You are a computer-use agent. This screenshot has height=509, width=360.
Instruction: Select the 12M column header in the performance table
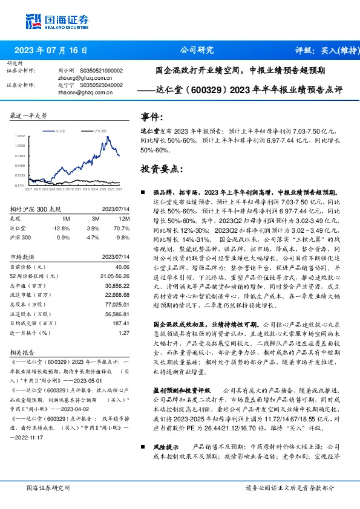tap(125, 218)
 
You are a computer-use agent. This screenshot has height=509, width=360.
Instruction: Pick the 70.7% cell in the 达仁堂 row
tap(123, 228)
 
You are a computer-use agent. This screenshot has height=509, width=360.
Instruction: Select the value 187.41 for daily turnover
tap(122, 324)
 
